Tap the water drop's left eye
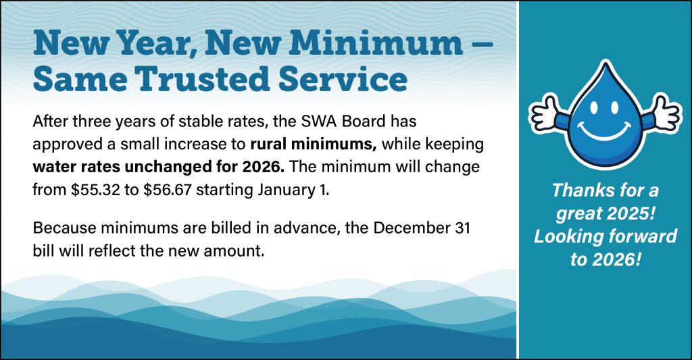(593, 107)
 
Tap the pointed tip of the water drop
(605, 63)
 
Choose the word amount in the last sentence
(233, 251)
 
